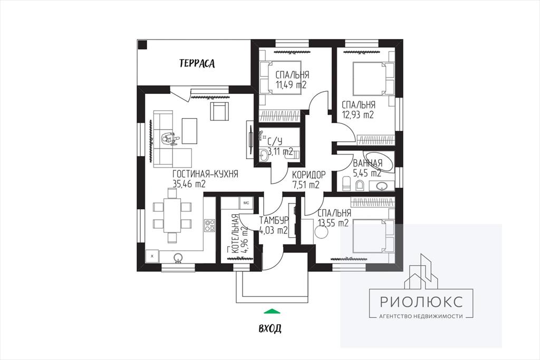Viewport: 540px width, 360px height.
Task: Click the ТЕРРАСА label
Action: (x=197, y=63)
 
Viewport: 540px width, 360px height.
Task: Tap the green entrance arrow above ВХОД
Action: (x=272, y=311)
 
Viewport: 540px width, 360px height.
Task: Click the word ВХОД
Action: (x=270, y=328)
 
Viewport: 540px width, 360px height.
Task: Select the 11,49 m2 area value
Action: (x=291, y=85)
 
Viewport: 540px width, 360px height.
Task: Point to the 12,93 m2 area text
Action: (x=358, y=114)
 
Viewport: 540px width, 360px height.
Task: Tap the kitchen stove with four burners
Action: (x=210, y=226)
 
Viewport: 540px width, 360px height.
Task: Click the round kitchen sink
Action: (x=178, y=257)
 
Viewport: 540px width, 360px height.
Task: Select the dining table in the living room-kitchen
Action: (x=172, y=215)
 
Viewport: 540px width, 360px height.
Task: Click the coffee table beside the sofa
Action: (x=189, y=130)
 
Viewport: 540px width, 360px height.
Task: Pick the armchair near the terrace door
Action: (x=219, y=111)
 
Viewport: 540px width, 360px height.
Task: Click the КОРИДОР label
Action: (x=308, y=175)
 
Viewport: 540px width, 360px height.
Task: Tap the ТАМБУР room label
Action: (x=274, y=220)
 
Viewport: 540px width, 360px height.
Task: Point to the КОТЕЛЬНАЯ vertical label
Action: (x=235, y=235)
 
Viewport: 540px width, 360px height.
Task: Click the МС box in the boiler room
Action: (x=246, y=203)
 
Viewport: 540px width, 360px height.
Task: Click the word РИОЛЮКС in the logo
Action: (x=421, y=302)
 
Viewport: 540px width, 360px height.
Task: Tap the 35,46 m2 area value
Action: (x=189, y=184)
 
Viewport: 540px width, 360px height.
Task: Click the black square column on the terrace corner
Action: (x=142, y=45)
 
